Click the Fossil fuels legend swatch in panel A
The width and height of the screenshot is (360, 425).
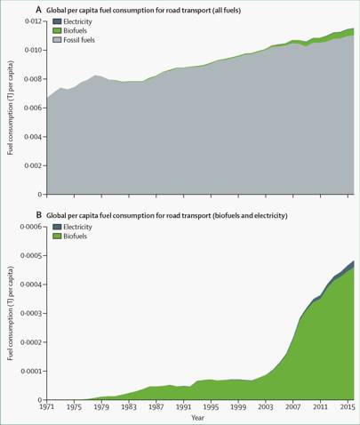click(x=57, y=40)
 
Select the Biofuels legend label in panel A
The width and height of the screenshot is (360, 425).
click(x=75, y=30)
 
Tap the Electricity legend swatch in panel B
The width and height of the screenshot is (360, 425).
click(x=57, y=227)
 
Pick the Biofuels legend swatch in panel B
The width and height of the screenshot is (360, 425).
click(x=57, y=237)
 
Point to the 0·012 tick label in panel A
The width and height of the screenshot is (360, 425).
click(x=34, y=21)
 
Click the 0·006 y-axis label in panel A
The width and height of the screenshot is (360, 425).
click(x=34, y=108)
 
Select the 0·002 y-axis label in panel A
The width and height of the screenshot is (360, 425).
click(x=34, y=165)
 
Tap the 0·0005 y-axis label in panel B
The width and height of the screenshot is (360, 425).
click(x=31, y=255)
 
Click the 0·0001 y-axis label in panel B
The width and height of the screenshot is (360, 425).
click(x=31, y=371)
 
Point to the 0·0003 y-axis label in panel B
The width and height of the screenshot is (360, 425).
click(x=31, y=313)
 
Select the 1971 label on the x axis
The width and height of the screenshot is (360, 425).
click(x=47, y=406)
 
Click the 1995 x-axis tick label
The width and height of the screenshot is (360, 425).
click(x=211, y=406)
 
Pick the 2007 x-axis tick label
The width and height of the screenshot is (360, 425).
click(x=292, y=406)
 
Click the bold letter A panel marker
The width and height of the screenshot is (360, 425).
click(x=38, y=10)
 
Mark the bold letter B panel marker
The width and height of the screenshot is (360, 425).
click(x=38, y=215)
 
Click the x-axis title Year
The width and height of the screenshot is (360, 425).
click(x=197, y=418)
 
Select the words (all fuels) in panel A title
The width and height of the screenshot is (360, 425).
click(x=227, y=11)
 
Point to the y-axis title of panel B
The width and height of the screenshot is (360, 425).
click(x=11, y=313)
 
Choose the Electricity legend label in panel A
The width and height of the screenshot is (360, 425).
click(x=77, y=21)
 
